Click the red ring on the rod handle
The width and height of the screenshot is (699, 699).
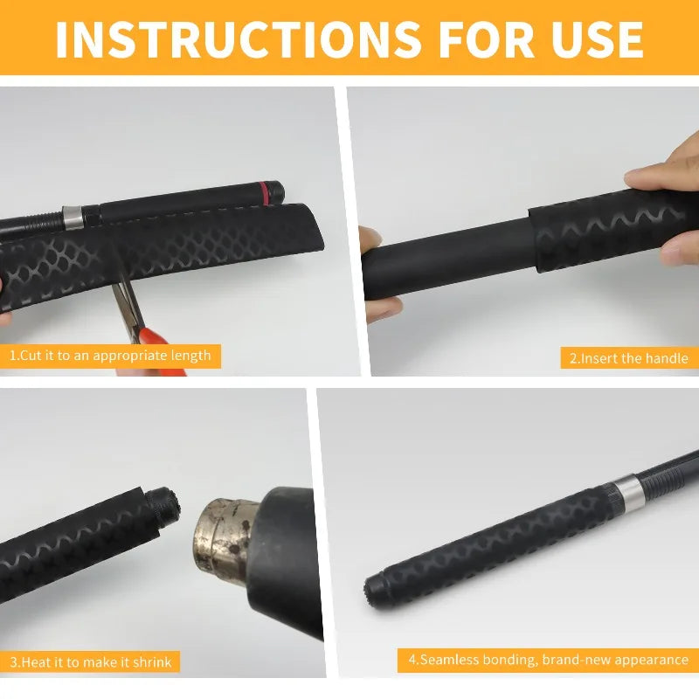265,192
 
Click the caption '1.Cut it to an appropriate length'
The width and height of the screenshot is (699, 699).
110,356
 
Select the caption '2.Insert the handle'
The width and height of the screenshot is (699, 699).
628,358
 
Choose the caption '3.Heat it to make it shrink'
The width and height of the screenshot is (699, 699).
91,661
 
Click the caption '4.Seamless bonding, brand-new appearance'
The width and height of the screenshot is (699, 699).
549,660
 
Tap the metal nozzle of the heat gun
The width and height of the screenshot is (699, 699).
226,541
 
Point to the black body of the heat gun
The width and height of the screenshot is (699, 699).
286,562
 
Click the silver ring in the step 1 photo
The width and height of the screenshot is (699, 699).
73,217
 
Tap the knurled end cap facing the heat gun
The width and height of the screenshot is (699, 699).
164,508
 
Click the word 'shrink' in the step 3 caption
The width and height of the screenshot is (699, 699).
152,661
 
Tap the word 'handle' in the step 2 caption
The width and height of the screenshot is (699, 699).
667,358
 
